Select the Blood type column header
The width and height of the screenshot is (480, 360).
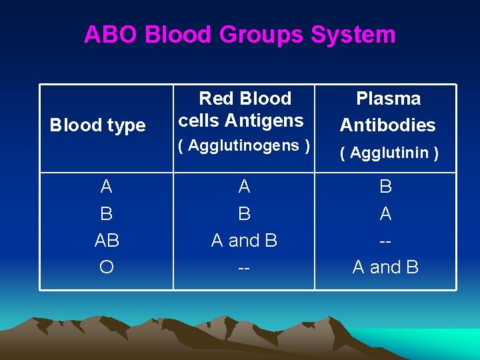point(98,125)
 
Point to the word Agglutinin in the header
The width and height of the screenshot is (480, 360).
point(389,153)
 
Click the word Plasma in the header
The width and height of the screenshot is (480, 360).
point(388,99)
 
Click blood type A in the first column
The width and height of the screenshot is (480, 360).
point(106,187)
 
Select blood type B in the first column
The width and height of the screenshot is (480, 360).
point(106,213)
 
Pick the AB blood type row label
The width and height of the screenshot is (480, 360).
point(106,240)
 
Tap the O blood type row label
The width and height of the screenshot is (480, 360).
point(106,267)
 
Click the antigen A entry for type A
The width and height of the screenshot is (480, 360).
point(244,187)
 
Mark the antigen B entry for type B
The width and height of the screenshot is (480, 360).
point(244,213)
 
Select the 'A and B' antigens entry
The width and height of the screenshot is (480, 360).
point(244,240)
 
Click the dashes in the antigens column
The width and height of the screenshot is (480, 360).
point(244,267)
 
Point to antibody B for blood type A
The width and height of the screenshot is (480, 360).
point(385,187)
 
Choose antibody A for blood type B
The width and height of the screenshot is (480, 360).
point(385,213)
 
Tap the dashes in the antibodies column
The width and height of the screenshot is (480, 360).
point(385,241)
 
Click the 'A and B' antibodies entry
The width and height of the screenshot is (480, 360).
point(385,267)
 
